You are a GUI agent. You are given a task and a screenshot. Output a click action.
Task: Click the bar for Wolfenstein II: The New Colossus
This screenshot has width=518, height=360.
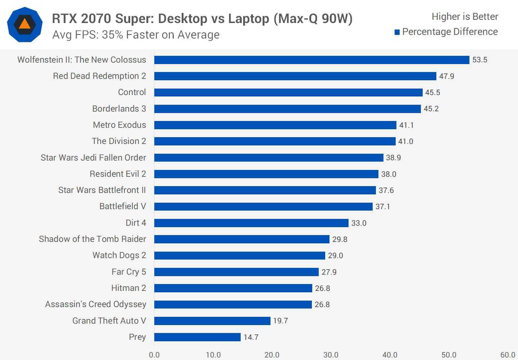coord(312,60)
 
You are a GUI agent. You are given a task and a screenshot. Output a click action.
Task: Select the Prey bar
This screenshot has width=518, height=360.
coord(197,337)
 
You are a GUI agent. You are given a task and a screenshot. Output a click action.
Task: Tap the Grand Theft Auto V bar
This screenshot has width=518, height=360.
coord(212,321)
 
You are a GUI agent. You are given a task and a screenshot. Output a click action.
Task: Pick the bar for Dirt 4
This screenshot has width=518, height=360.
coord(251,223)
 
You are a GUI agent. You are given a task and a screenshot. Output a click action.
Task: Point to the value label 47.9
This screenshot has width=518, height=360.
coord(446,76)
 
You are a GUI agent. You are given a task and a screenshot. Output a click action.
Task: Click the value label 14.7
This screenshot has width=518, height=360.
coord(251,337)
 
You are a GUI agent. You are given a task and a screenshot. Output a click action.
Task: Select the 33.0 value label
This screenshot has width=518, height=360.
coord(359,223)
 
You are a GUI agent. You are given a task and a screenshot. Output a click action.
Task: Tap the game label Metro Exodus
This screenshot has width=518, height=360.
coord(119,125)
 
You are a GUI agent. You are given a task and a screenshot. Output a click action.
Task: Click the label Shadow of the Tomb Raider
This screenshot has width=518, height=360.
coord(92,239)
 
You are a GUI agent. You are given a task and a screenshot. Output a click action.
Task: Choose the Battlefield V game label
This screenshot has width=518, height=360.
coord(123,206)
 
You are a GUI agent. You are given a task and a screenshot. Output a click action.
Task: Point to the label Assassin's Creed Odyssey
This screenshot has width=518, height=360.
coord(96,304)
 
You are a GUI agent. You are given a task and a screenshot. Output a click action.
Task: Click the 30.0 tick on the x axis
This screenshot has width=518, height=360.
coord(331,355)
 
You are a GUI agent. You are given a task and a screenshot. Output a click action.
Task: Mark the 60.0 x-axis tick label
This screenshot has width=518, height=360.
coord(508,355)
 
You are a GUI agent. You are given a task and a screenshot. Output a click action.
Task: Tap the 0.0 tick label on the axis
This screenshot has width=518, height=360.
coord(154,355)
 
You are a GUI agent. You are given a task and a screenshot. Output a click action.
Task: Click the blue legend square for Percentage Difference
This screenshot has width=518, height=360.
coord(397,32)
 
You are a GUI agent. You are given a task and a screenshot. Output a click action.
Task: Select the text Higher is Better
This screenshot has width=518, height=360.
coord(465,17)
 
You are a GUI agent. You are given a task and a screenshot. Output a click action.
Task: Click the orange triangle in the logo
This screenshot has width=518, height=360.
coord(24,24)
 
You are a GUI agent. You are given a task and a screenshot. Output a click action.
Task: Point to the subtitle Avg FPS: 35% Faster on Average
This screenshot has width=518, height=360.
coord(136,35)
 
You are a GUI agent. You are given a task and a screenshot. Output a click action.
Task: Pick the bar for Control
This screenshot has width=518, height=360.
coord(288,93)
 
